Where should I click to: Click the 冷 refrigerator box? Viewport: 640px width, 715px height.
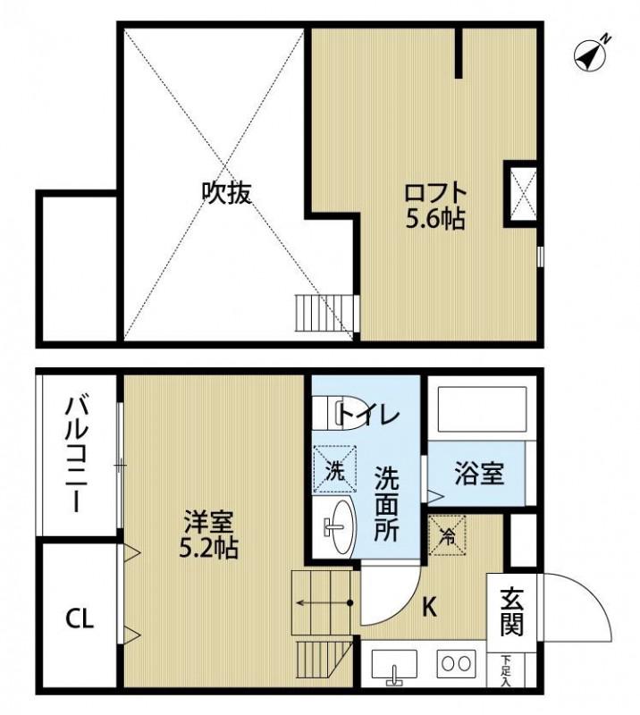[x=446, y=534]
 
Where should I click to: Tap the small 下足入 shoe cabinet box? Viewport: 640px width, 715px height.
[x=507, y=671]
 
